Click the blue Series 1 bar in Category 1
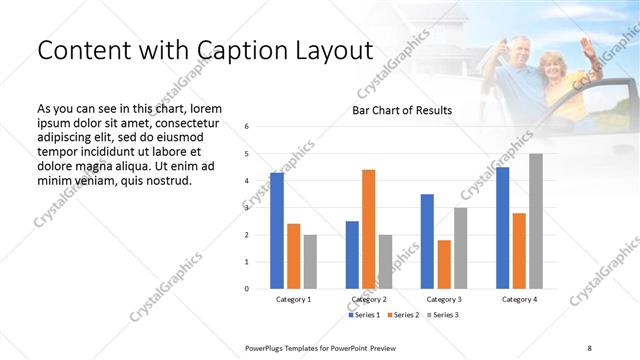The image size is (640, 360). (277, 231)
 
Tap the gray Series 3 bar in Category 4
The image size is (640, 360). (536, 221)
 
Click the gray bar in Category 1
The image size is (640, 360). (310, 262)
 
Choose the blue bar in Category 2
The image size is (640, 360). (352, 255)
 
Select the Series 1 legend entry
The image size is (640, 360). (364, 315)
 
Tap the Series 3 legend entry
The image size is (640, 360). (444, 315)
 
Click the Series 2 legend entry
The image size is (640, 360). (404, 315)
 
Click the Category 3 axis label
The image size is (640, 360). (443, 299)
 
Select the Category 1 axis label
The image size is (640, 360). (294, 299)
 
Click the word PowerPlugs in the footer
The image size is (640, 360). (267, 347)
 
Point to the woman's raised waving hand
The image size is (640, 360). (586, 46)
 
